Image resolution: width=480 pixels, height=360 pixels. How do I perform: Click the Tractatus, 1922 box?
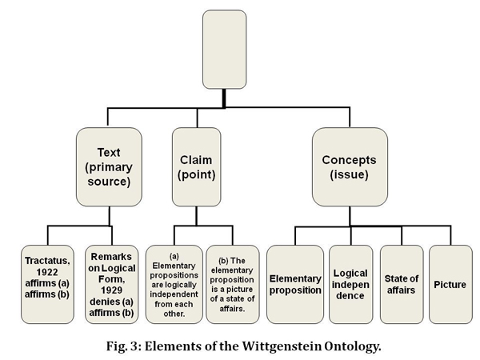[x=47, y=284]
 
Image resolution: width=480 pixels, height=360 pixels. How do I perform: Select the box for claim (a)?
[x=174, y=284]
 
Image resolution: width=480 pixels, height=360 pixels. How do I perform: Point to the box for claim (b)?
[x=233, y=284]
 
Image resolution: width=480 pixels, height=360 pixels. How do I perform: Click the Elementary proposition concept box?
[x=294, y=284]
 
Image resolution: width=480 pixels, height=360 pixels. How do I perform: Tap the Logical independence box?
[x=350, y=284]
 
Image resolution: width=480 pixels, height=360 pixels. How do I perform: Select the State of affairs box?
[x=402, y=284]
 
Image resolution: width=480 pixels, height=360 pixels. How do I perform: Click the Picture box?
[x=450, y=284]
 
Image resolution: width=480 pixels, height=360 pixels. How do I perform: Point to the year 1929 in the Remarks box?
[x=111, y=290]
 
